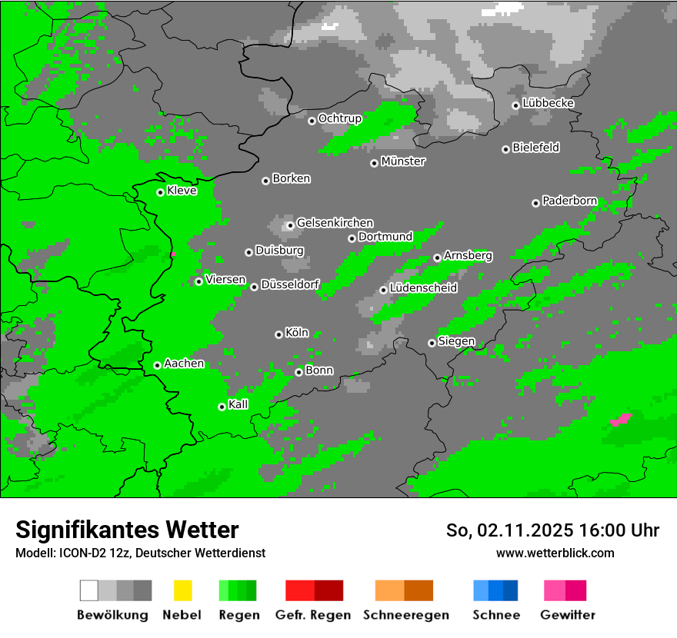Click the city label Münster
tap(402, 161)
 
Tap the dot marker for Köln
tap(278, 334)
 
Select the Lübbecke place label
tap(548, 103)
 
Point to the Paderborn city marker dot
tap(535, 203)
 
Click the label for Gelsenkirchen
tap(335, 223)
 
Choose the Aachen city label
tap(184, 364)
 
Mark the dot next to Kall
tap(222, 407)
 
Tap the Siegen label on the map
tap(456, 341)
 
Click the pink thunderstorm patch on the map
tap(620, 420)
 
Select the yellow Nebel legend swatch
tap(182, 590)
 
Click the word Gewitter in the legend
tap(567, 615)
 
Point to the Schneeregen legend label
tap(405, 615)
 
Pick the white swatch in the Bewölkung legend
tap(89, 590)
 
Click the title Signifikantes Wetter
tap(127, 530)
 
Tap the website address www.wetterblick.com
tap(555, 553)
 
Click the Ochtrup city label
tap(339, 118)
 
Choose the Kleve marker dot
tap(160, 192)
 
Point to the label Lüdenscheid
tap(423, 288)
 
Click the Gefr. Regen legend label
tap(313, 615)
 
